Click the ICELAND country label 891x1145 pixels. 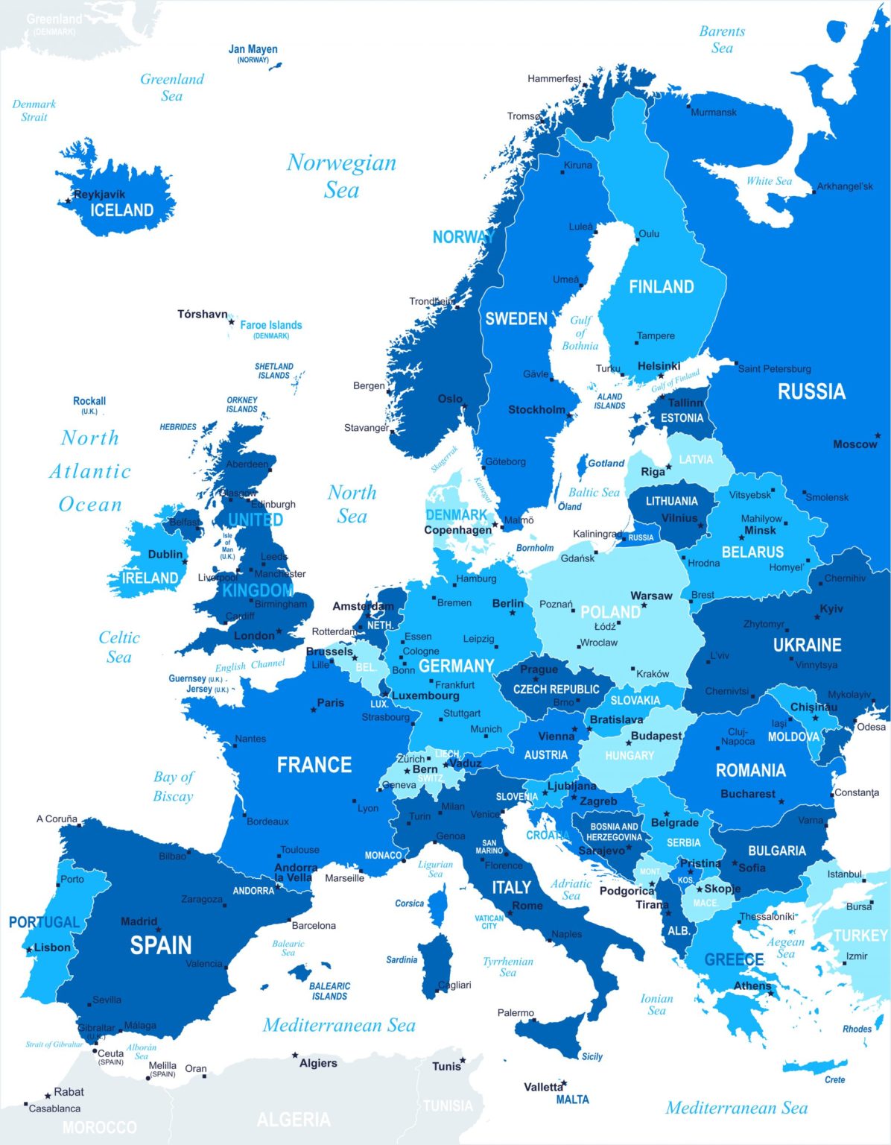121,210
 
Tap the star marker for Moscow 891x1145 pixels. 878,435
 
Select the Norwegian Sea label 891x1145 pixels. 341,176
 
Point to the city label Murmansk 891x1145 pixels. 713,113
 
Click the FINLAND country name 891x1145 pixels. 661,287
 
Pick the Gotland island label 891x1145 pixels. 606,463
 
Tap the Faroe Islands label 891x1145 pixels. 270,325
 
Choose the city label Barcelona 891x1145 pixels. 314,926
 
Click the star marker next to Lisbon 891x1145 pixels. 29,950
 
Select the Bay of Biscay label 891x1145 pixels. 173,786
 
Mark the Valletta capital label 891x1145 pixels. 543,1087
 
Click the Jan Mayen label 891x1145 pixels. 253,49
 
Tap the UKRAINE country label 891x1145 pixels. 807,645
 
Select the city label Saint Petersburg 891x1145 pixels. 774,368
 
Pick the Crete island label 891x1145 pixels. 834,1079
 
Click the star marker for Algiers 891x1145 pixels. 295,1056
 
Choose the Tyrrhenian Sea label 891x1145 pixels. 507,967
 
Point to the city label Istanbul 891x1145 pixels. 844,874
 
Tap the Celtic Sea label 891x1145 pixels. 118,647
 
